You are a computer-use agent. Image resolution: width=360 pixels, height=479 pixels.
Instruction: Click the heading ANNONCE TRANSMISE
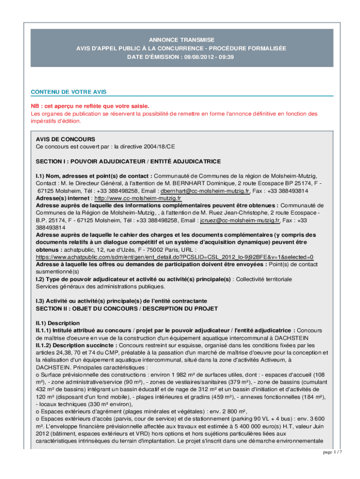[182, 40]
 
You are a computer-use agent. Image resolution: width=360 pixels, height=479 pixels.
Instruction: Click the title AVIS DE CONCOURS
[65, 139]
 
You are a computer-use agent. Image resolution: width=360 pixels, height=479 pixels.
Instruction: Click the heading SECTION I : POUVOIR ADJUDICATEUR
[128, 161]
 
